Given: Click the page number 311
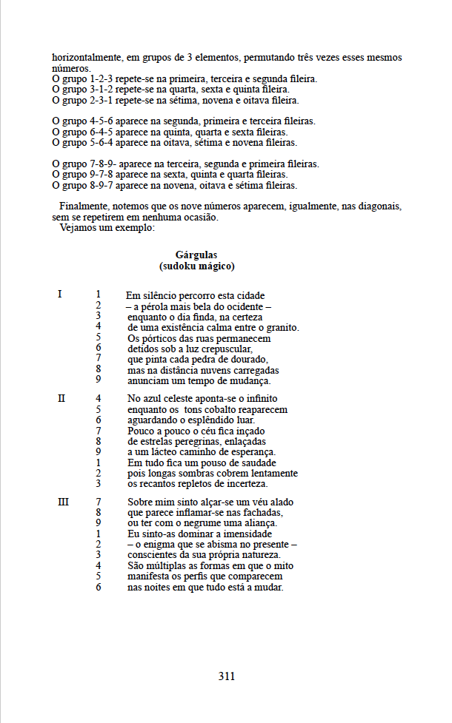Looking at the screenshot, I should point(227,676).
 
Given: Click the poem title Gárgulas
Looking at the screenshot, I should point(196,255).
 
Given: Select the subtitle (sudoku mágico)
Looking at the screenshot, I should point(196,266).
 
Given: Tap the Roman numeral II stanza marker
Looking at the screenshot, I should point(62,398).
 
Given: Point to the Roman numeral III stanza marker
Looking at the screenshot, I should point(63,502).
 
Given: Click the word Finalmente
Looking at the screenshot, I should point(84,206).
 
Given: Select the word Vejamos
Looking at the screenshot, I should point(76,227).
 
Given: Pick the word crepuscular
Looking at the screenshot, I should point(226,349).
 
